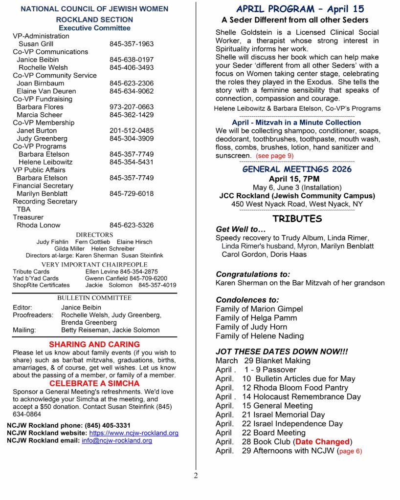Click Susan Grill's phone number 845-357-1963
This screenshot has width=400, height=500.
(132, 44)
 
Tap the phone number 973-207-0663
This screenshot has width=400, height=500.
(132, 107)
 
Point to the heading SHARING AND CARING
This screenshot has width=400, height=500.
(94, 344)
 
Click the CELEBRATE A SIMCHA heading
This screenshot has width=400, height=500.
(94, 383)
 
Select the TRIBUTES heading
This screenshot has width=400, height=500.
(297, 219)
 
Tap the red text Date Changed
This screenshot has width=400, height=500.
(323, 442)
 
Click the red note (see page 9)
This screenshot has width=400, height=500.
(274, 156)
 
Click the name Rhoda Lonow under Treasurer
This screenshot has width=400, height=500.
(39, 225)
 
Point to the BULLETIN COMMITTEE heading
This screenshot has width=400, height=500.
(94, 298)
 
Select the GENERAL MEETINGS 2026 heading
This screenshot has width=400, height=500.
(297, 169)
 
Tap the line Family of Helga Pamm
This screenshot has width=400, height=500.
(256, 318)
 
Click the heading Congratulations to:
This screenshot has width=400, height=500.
(253, 274)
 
